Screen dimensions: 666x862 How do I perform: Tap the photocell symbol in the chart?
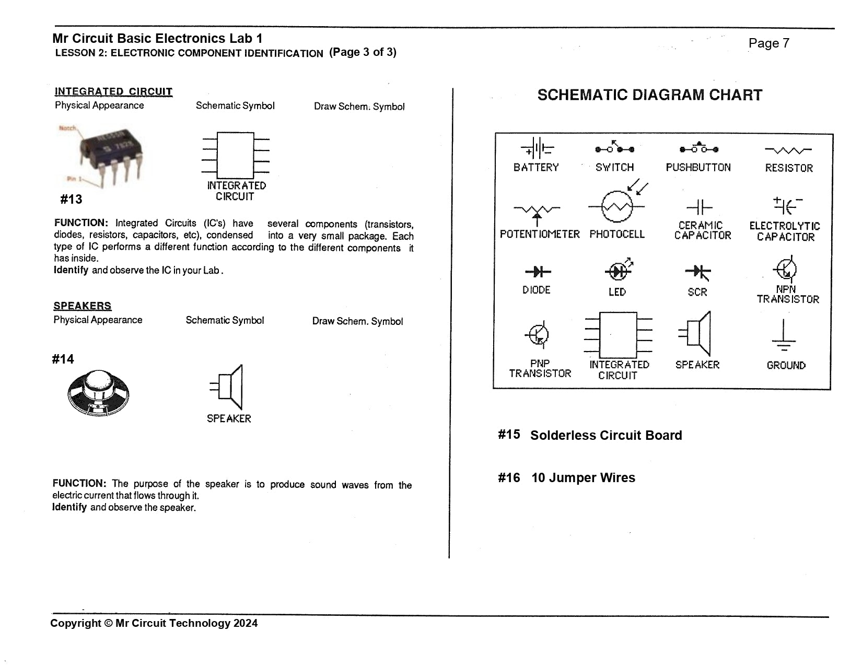(618, 206)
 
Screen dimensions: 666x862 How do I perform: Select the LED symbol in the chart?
(618, 271)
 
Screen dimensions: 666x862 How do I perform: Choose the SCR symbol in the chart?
(698, 272)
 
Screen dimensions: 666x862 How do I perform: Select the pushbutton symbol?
(698, 149)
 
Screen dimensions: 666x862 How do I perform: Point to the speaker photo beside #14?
(98, 393)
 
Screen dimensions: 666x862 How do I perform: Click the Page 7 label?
(768, 43)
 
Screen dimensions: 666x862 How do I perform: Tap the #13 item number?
(71, 200)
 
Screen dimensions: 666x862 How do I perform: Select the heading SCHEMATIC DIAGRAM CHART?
(649, 95)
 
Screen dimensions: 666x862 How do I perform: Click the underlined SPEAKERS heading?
(83, 306)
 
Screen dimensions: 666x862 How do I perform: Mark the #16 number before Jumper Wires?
(508, 478)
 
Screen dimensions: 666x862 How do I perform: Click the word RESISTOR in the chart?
(789, 168)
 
